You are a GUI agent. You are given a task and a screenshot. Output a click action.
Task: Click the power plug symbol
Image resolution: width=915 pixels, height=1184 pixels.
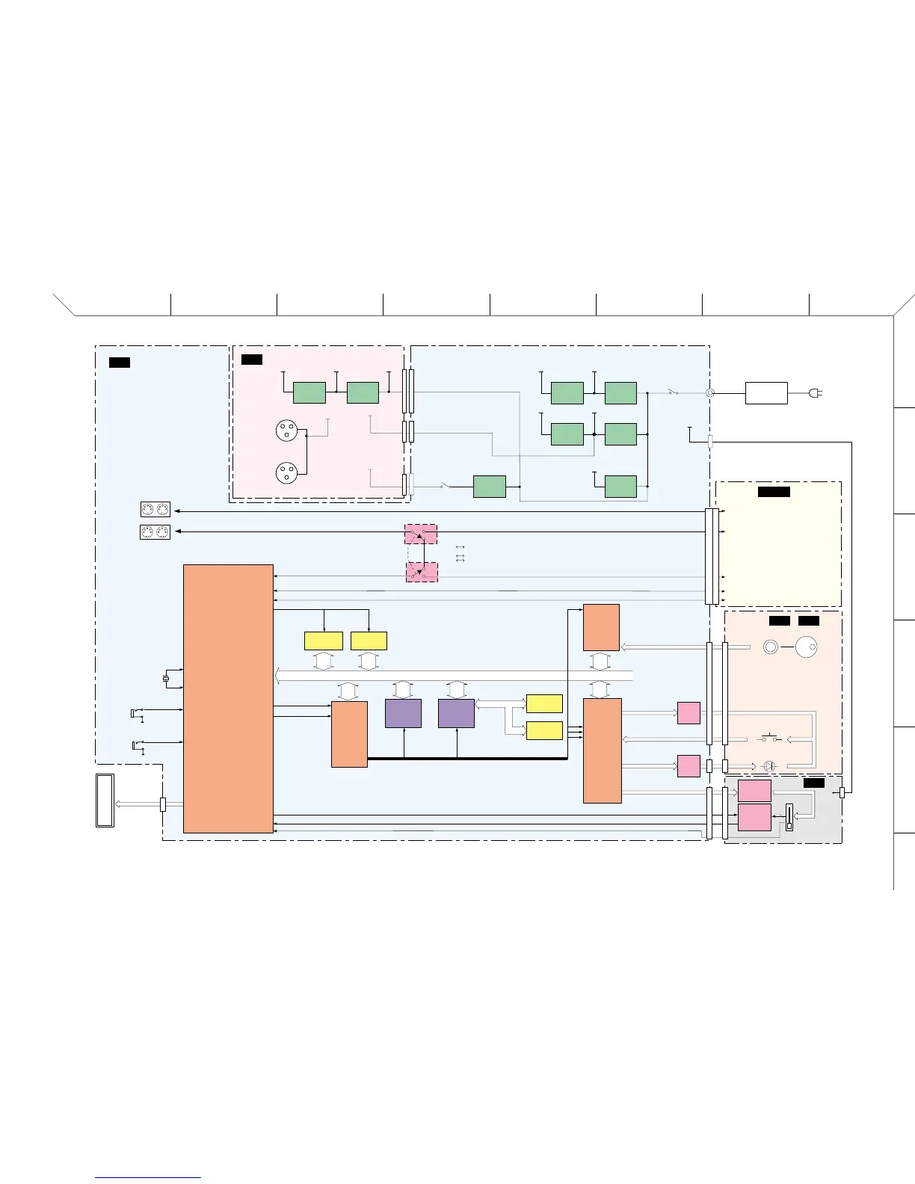coord(816,392)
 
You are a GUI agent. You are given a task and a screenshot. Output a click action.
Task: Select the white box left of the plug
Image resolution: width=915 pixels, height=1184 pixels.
coord(766,392)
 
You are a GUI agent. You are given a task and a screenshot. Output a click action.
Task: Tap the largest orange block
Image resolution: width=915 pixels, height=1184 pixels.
coord(228,698)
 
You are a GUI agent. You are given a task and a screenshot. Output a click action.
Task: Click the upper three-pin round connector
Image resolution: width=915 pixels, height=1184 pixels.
coord(286,431)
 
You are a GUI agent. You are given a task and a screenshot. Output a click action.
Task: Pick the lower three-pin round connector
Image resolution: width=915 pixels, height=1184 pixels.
coord(286,472)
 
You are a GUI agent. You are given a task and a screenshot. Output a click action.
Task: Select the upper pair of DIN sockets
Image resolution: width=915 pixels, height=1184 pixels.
coord(155,510)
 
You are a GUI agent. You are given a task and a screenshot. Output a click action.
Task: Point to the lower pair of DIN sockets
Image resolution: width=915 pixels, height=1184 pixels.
coord(155,532)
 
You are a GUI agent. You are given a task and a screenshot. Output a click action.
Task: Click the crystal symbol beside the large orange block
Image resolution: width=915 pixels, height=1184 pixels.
coord(166,679)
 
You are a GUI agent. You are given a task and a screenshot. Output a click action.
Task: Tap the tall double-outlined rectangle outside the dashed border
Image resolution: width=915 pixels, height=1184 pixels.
coord(105,801)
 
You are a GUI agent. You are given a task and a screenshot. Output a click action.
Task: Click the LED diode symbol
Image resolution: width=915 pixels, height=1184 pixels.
coord(768,766)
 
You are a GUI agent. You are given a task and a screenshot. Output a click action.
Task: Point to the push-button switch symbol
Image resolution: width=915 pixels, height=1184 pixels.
coord(770,739)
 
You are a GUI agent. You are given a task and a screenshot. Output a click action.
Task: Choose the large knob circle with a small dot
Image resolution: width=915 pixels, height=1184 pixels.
coord(807,647)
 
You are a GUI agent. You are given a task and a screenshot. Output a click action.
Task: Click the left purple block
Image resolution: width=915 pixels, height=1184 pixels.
coord(403,713)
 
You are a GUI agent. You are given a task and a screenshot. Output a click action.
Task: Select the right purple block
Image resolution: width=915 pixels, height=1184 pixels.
coord(456,713)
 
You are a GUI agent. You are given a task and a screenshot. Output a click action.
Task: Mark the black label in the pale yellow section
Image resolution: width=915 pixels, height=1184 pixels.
coord(774,491)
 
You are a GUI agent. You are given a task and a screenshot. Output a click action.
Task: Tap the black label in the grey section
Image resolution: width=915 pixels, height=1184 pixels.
coord(814,783)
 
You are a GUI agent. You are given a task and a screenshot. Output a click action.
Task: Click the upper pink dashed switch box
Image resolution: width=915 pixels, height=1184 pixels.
coord(421,534)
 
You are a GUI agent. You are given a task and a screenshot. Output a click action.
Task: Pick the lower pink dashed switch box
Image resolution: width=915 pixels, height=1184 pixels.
coord(421,573)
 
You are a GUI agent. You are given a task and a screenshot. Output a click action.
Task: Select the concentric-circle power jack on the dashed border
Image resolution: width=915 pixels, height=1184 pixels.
coord(709,392)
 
